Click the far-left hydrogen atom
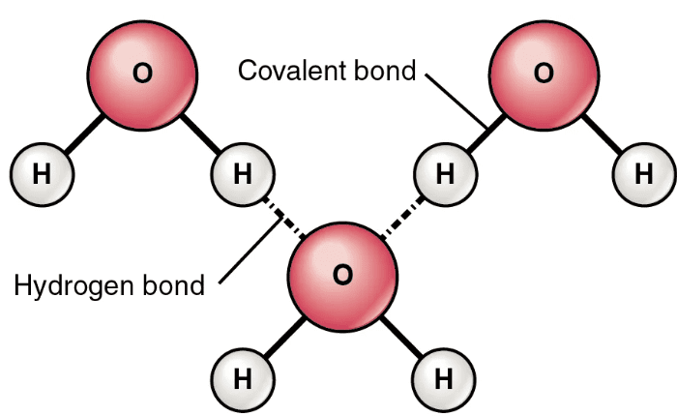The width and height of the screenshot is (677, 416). point(41,174)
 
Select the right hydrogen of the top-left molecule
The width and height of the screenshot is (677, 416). point(242,174)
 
